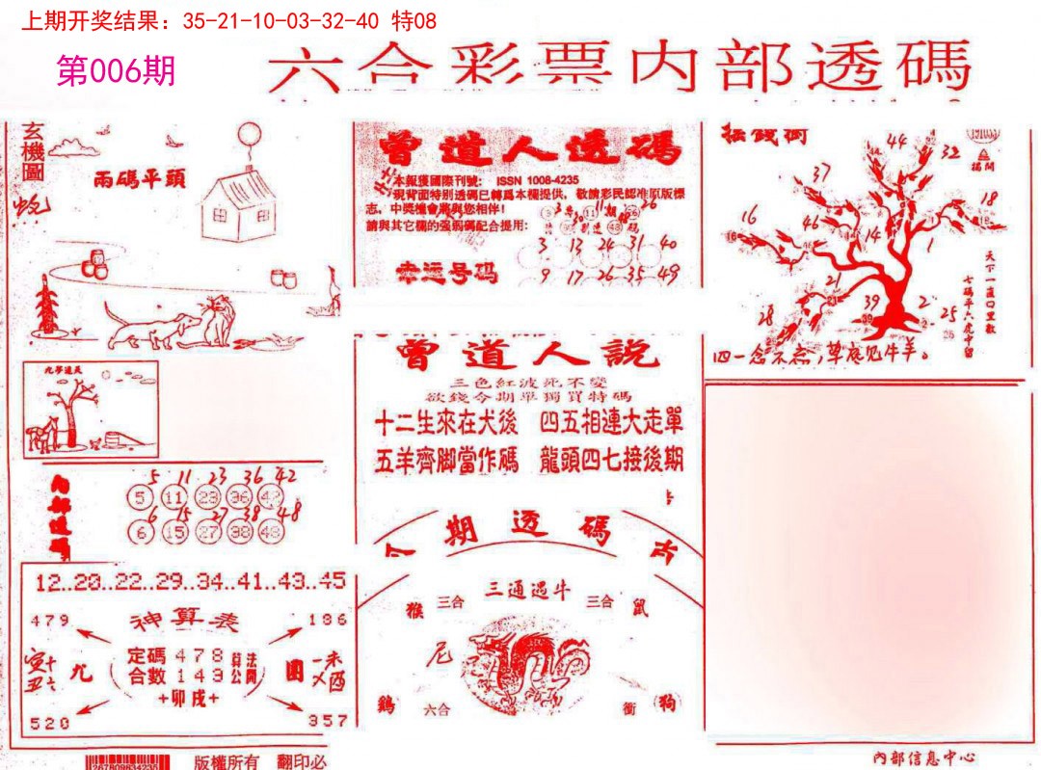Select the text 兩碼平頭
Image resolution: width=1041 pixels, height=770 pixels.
[x=140, y=179]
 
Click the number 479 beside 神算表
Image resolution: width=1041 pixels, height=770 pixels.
[x=50, y=619]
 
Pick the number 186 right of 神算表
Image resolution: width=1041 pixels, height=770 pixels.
[x=327, y=619]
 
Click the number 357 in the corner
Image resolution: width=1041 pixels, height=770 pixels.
[x=327, y=720]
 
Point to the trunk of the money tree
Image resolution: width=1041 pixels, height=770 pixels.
[x=893, y=289]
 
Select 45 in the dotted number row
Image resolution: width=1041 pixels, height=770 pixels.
[x=333, y=581]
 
